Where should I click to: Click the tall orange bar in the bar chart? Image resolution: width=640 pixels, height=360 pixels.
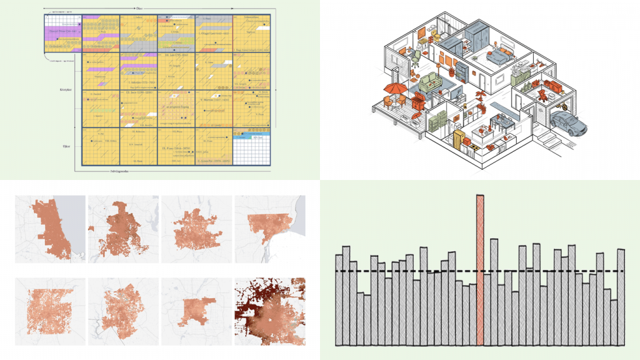pos(480,269)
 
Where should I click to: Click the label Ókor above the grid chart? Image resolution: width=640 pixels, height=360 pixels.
pos(137,8)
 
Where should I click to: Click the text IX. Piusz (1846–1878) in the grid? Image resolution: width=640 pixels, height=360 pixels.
pos(171,148)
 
